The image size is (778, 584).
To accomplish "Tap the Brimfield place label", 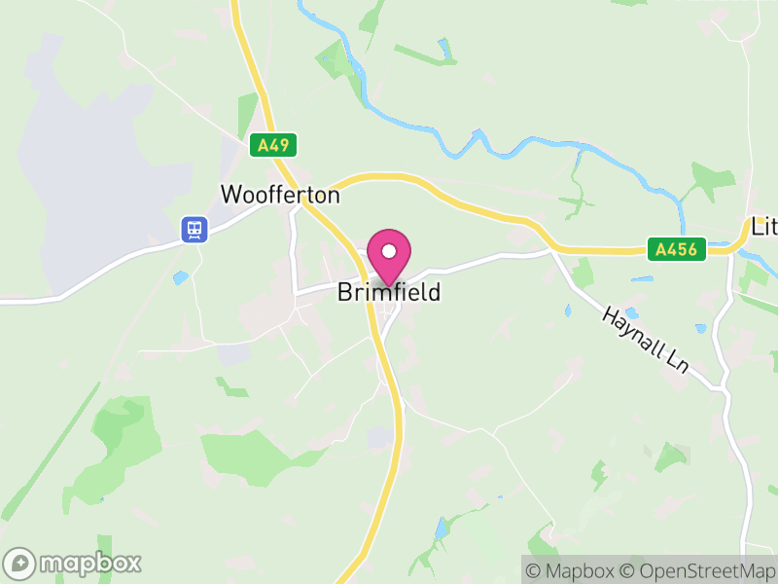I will click(x=389, y=292).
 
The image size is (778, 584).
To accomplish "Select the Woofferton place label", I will click(x=280, y=195).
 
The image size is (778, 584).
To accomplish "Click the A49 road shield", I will click(x=273, y=146).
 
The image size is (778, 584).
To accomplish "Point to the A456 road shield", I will click(x=676, y=250).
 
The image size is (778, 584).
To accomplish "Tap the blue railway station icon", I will click(x=195, y=230).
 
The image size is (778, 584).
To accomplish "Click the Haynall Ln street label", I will click(x=645, y=339).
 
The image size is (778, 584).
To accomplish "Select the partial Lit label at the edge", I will click(x=764, y=227).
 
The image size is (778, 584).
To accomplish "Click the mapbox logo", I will click(x=73, y=563).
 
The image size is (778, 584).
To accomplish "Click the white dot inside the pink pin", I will click(x=389, y=251).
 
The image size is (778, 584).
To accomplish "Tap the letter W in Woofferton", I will click(x=230, y=195).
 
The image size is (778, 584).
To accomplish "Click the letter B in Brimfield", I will click(x=344, y=292).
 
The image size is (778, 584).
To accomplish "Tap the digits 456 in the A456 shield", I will click(x=682, y=250).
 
